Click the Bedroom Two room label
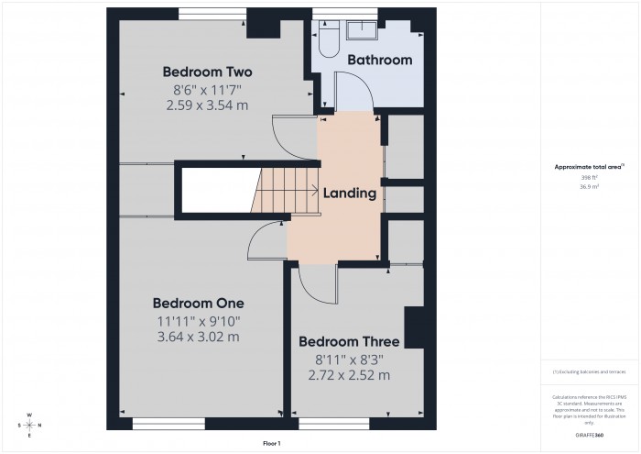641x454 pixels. point(207,72)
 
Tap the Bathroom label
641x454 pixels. point(379,60)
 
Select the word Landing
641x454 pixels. point(348,194)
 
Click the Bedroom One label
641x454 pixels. point(198,303)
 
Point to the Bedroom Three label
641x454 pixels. point(349,341)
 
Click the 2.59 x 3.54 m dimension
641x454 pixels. point(207,105)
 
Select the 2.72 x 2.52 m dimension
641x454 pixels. point(349,375)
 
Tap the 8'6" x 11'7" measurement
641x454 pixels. point(207,89)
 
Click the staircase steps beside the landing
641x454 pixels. point(275,193)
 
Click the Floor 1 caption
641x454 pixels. point(271,443)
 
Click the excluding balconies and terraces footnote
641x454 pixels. point(588,371)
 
